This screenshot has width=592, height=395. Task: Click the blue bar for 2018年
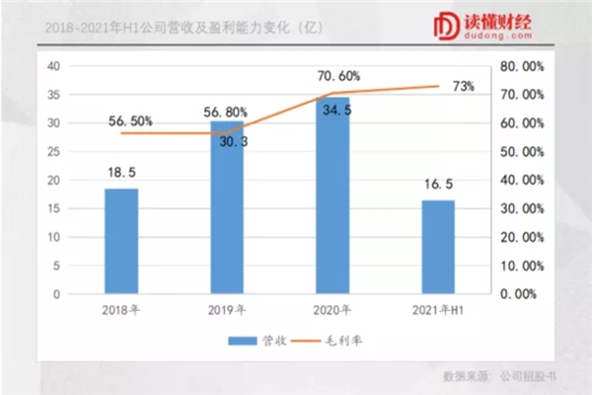point(121,241)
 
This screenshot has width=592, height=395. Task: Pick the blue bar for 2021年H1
point(438,247)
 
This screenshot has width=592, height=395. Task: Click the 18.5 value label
point(121,172)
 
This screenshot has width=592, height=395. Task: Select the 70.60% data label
point(337,75)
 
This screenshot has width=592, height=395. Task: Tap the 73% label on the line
point(461,87)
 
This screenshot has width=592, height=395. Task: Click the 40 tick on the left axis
point(55,66)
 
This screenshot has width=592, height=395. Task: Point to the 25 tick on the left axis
point(55,152)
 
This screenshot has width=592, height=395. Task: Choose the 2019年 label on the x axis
point(227,310)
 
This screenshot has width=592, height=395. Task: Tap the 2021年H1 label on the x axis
point(438,310)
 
